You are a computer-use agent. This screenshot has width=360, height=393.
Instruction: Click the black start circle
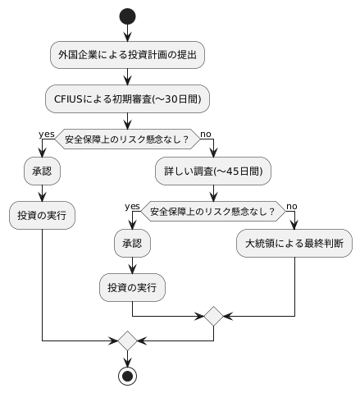[127, 16]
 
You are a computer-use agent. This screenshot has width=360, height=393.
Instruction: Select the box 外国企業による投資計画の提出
[127, 55]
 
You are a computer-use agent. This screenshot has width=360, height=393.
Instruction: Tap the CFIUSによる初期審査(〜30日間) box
[127, 99]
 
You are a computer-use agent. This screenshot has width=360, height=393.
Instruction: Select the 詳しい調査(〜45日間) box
[213, 173]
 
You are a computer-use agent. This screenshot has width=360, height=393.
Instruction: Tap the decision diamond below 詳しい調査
[213, 211]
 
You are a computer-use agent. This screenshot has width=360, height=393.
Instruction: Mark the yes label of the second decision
[132, 205]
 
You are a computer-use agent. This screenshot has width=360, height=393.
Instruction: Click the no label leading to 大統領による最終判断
[291, 205]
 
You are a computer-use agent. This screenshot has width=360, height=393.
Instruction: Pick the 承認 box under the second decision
[132, 244]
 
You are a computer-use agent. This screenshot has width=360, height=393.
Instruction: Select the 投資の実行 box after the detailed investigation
[132, 288]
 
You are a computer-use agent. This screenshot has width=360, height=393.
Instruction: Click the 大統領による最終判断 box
[294, 244]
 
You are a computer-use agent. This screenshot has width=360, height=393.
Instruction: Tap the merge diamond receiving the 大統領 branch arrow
[213, 315]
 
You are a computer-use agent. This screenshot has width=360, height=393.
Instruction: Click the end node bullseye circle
[127, 376]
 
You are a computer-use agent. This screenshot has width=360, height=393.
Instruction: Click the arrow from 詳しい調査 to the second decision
[213, 194]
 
